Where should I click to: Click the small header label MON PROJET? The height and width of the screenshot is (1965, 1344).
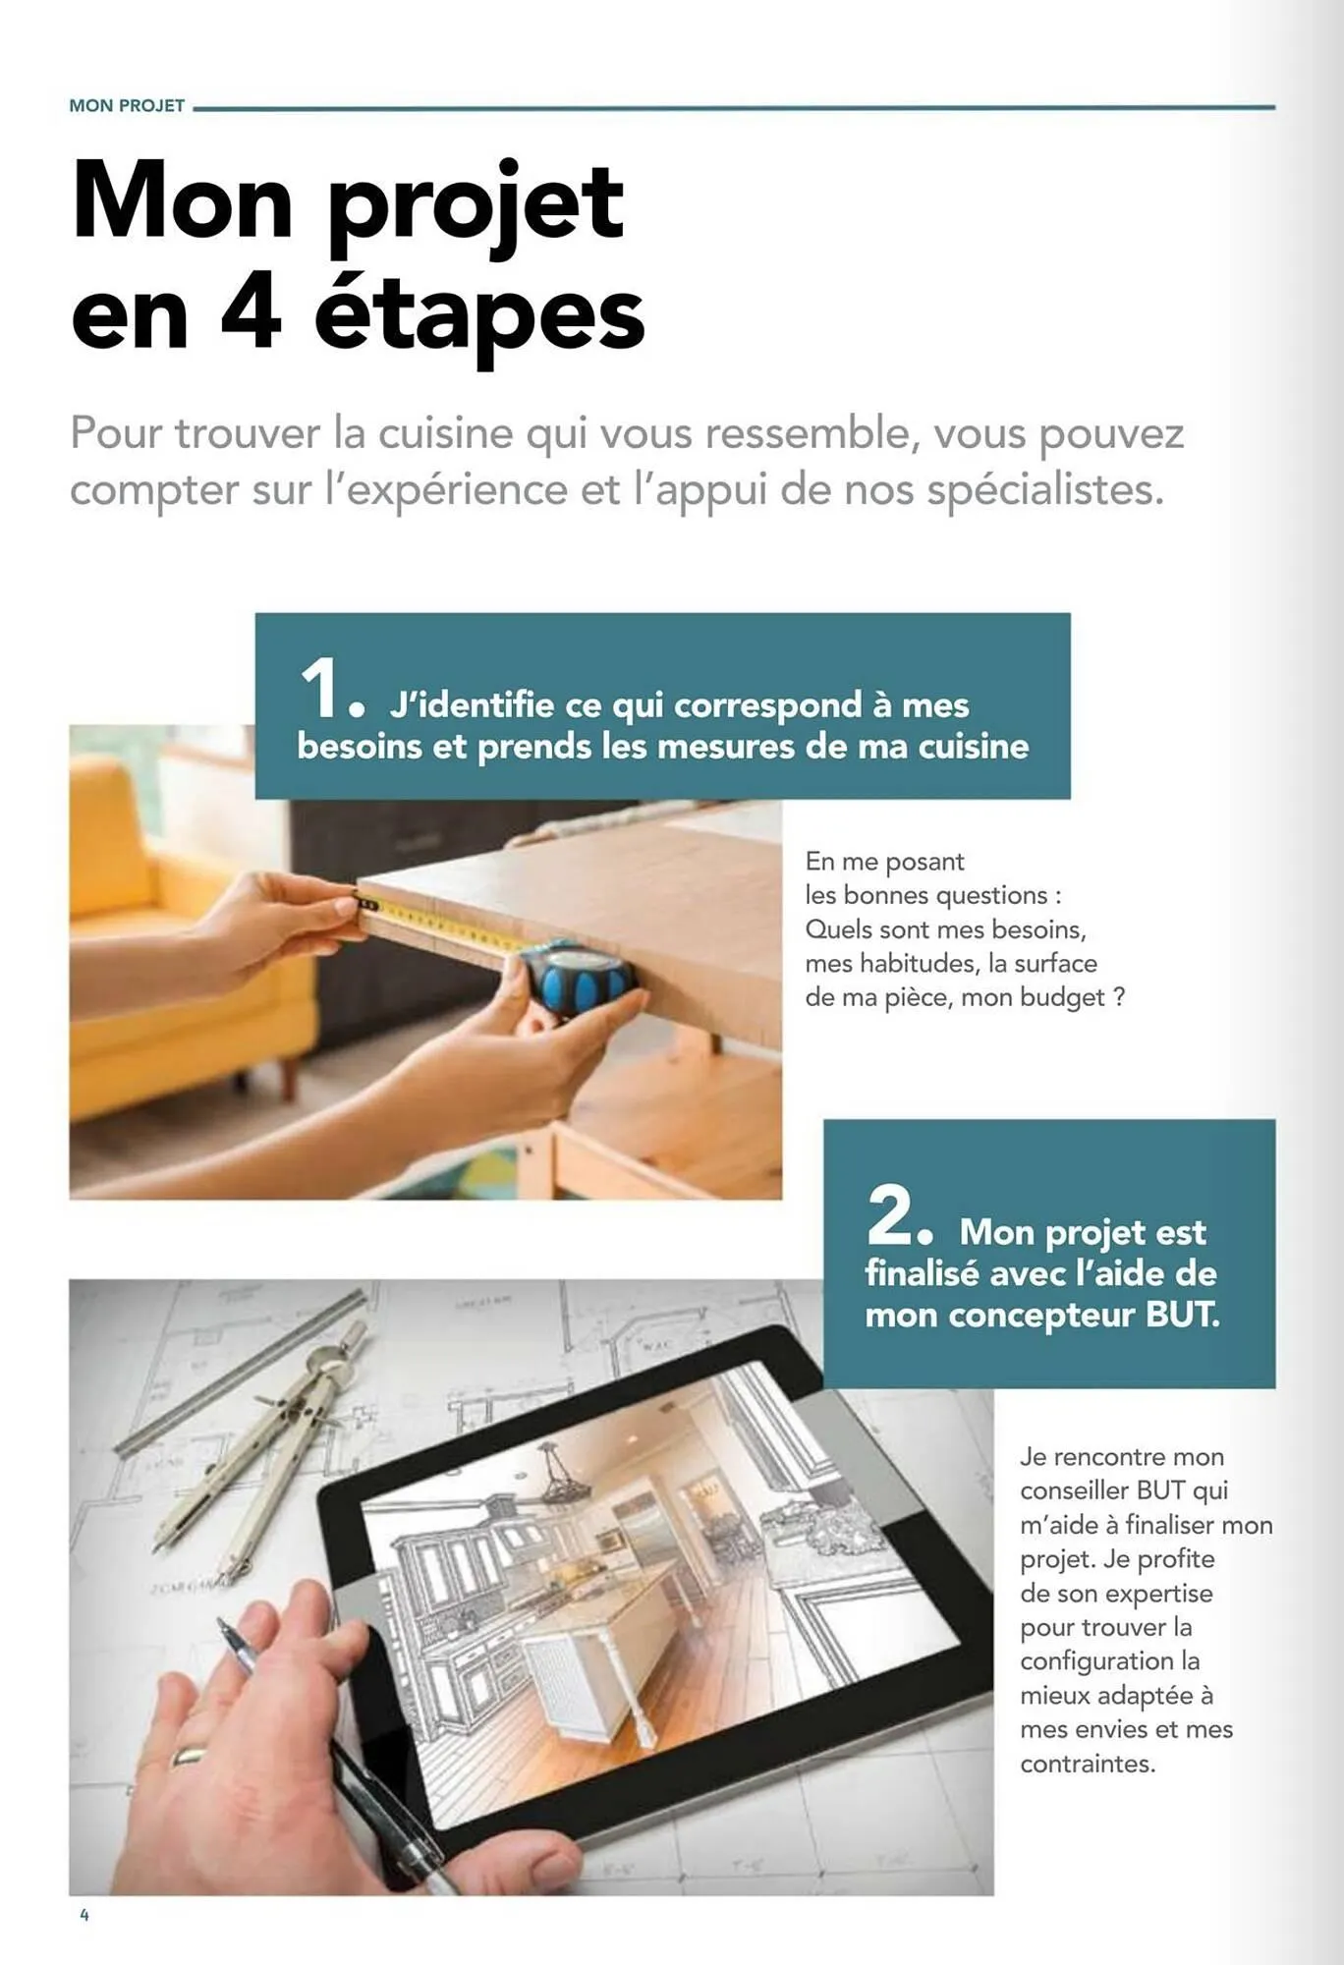127,106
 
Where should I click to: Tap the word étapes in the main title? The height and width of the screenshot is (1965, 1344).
479,316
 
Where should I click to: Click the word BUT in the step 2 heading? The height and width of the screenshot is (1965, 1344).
1182,1316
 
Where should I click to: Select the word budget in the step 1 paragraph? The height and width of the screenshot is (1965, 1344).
1062,998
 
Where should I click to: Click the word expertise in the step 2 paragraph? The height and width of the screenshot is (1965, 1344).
1158,1594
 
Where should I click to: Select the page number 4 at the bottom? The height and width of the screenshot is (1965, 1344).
84,1915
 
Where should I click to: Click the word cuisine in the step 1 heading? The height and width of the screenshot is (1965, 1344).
973,747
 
